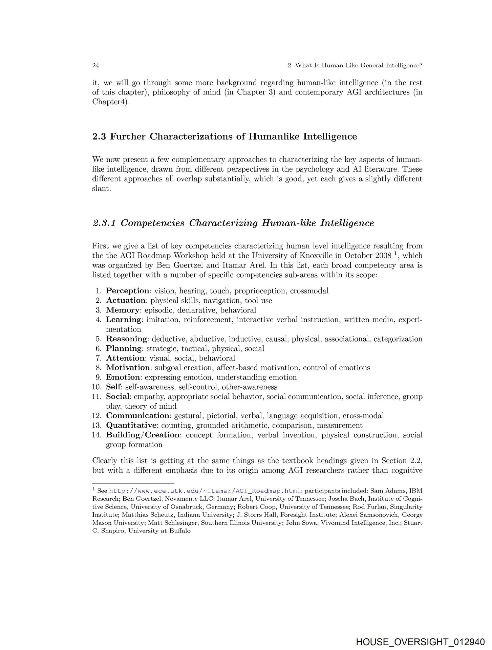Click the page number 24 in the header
point(95,66)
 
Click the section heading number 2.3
point(100,137)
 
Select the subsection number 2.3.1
point(104,223)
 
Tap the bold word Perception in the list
point(127,291)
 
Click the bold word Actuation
point(126,301)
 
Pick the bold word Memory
point(123,310)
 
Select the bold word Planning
point(124,349)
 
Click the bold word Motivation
point(128,368)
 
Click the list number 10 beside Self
point(97,387)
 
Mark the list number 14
point(97,435)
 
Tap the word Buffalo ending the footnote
point(181,531)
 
